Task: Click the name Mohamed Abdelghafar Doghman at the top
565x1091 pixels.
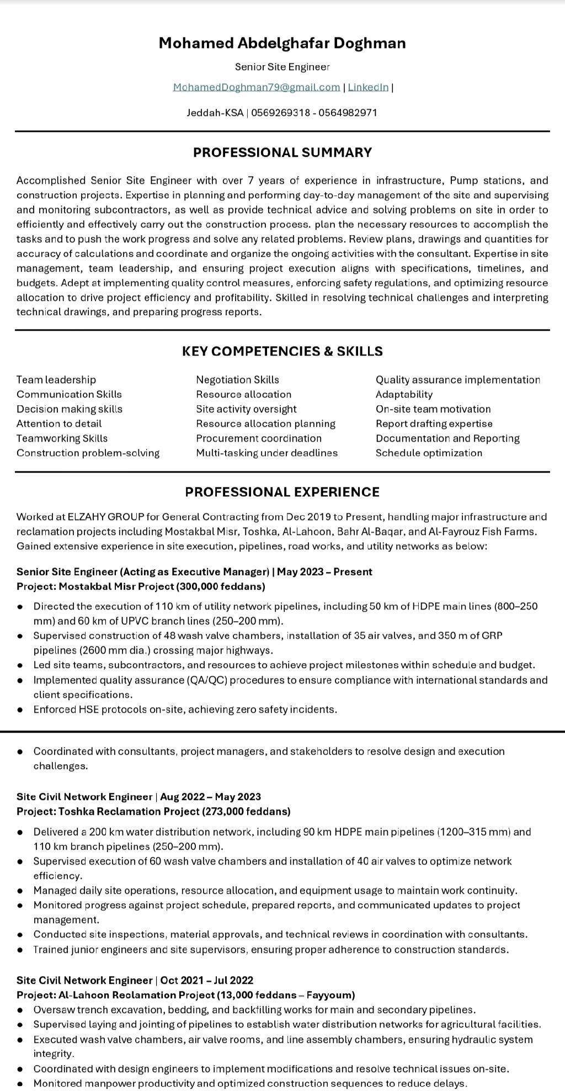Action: pyautogui.click(x=282, y=43)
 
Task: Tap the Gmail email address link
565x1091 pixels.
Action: pyautogui.click(x=256, y=87)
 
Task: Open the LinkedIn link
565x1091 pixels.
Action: pyautogui.click(x=368, y=87)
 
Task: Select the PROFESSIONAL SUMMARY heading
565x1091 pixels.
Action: pyautogui.click(x=282, y=152)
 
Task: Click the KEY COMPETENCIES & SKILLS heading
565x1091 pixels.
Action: pyautogui.click(x=282, y=351)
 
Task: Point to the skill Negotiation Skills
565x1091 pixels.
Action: pyautogui.click(x=237, y=380)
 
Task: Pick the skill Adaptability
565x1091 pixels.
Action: pyautogui.click(x=404, y=394)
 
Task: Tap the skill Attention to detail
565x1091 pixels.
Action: pyautogui.click(x=59, y=423)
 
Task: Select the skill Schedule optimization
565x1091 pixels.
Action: pyautogui.click(x=429, y=453)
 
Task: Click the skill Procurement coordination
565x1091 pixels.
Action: pyautogui.click(x=258, y=438)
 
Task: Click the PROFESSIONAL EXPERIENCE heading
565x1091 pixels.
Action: pyautogui.click(x=282, y=492)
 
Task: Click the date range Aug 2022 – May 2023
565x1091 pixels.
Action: pyautogui.click(x=210, y=797)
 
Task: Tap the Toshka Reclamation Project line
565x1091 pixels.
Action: pyautogui.click(x=153, y=812)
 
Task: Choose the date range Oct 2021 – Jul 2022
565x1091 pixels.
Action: pyautogui.click(x=207, y=980)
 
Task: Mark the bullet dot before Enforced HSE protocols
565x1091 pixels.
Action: pyautogui.click(x=20, y=709)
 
